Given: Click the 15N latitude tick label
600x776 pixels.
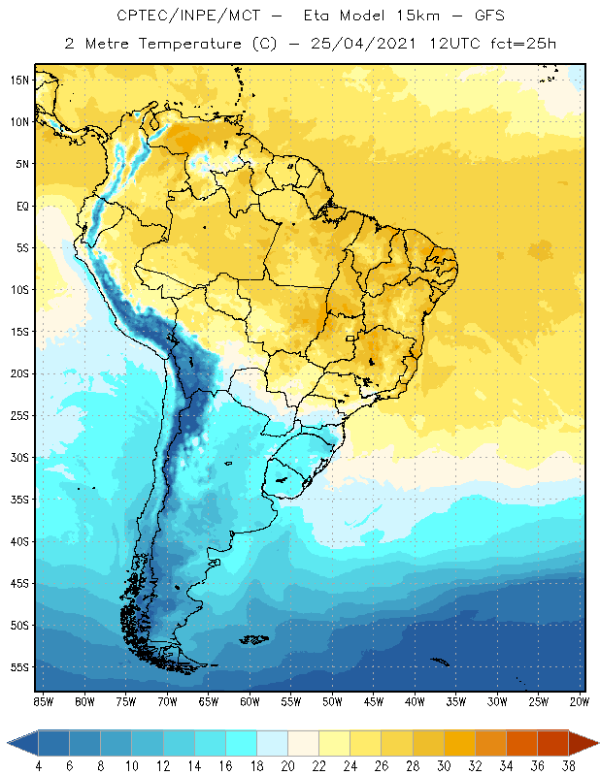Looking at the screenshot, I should point(20,80).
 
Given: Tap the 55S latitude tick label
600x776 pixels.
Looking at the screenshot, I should point(20,667).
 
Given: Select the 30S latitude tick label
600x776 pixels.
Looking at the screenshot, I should point(20,457).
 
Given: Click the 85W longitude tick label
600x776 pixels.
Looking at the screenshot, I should point(43,701).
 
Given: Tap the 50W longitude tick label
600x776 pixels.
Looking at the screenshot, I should point(332,701).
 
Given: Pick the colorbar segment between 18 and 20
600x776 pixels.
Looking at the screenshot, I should point(272,742).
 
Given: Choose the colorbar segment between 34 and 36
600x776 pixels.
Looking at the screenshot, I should point(520,742).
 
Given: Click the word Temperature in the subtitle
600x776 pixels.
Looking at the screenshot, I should point(178,43).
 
